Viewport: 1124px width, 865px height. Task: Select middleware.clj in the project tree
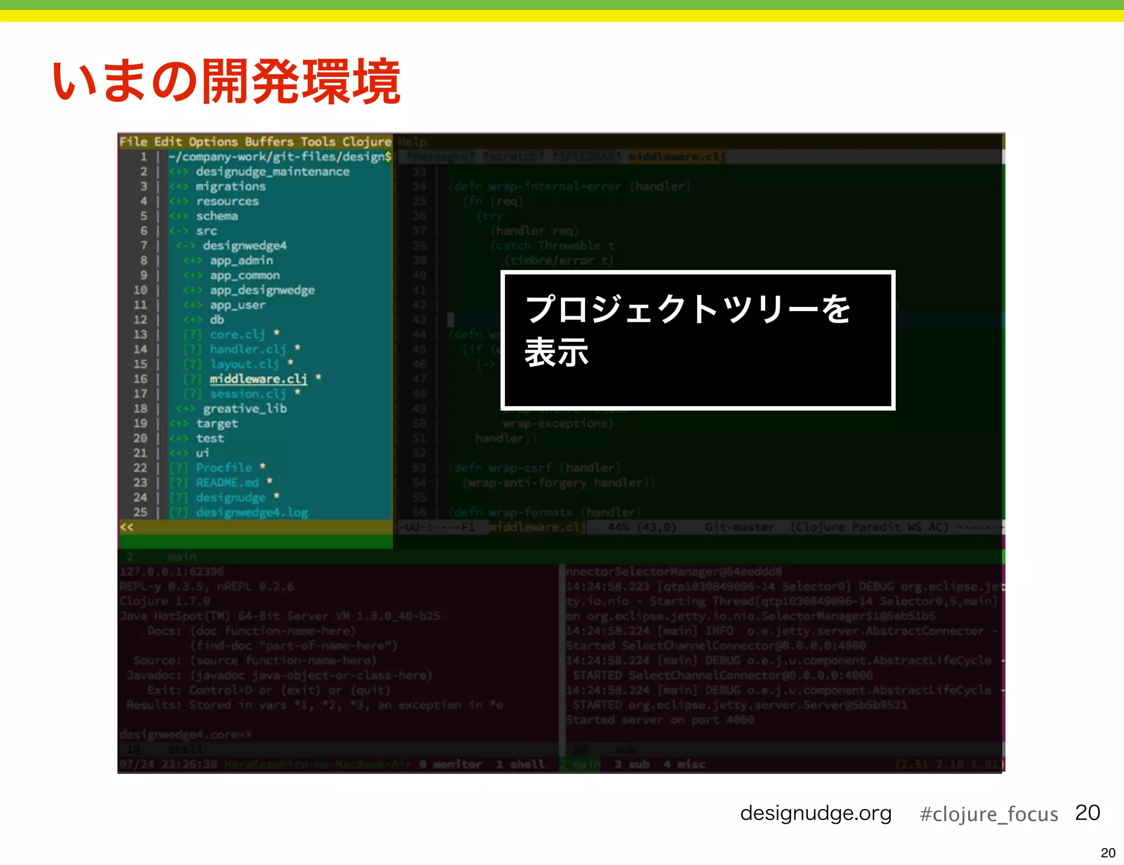click(258, 379)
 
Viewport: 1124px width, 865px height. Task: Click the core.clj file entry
click(237, 334)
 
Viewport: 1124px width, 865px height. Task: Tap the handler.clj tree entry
click(248, 349)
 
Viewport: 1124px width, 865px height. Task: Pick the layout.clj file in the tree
click(244, 364)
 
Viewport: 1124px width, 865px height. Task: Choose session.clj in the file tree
click(248, 394)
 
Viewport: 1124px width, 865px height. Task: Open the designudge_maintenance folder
click(272, 172)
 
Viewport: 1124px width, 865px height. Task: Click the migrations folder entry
click(231, 187)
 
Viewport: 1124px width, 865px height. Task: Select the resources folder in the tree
click(227, 201)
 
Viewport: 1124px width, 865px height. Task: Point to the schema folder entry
click(217, 216)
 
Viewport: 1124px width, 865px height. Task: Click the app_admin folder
click(241, 261)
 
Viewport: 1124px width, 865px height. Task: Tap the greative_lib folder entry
click(245, 408)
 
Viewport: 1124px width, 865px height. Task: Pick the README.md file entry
click(227, 482)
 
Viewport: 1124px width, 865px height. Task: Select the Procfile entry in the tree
click(224, 468)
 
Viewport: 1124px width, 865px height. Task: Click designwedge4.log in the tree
click(251, 512)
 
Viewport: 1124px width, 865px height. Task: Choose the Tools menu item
click(317, 142)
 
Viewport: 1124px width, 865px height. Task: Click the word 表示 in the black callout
click(557, 352)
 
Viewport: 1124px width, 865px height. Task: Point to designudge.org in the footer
click(816, 813)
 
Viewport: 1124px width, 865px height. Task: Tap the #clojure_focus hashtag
click(988, 814)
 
